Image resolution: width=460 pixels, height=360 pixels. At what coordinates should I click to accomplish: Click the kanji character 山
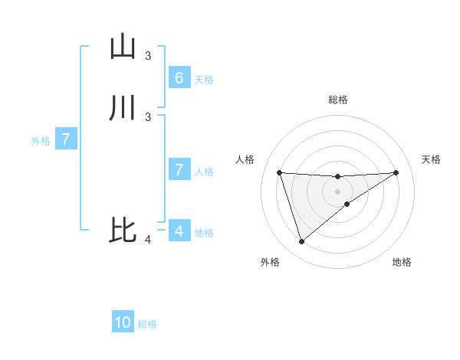(123, 47)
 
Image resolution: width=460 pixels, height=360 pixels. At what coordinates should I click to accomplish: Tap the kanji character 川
(123, 108)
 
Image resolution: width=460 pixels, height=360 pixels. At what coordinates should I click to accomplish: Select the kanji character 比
(123, 230)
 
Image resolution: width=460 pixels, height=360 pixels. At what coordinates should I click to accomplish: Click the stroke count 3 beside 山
(148, 56)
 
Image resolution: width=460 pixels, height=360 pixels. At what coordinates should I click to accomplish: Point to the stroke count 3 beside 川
(148, 117)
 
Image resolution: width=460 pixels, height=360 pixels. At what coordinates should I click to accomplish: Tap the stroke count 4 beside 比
(148, 240)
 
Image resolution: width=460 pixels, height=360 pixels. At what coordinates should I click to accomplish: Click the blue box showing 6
(179, 78)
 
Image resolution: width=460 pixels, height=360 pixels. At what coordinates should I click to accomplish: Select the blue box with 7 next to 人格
(179, 170)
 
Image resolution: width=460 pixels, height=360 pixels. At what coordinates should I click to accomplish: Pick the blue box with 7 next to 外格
(66, 139)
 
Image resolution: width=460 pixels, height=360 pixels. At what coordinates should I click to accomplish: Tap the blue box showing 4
(179, 231)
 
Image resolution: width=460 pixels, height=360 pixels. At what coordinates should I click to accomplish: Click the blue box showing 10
(123, 322)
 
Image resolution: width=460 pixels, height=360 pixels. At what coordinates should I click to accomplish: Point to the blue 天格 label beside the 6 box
(204, 80)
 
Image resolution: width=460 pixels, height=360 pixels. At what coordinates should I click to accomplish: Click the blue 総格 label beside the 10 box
(147, 324)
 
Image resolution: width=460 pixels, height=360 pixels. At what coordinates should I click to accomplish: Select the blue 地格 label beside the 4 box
(204, 233)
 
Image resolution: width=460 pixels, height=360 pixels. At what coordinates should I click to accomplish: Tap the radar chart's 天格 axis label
(431, 159)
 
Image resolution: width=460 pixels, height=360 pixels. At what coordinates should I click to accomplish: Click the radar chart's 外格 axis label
(270, 262)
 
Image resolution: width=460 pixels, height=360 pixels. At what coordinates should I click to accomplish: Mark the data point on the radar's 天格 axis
(396, 172)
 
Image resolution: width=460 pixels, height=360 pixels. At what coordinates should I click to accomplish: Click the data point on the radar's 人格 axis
(279, 172)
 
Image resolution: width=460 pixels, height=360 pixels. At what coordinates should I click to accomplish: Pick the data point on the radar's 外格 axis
(301, 242)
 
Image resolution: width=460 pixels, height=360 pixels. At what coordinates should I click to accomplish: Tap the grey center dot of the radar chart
(337, 191)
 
